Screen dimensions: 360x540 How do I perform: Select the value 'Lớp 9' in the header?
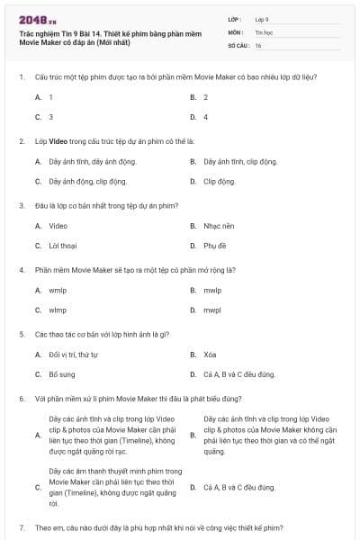[x=262, y=19]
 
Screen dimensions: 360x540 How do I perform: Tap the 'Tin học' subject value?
[x=263, y=31]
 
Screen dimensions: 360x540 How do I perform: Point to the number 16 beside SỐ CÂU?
[x=258, y=44]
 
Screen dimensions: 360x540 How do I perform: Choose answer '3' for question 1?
[x=51, y=117]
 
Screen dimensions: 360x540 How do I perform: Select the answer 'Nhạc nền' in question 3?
[x=219, y=226]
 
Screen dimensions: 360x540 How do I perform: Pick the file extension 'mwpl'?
[x=212, y=310]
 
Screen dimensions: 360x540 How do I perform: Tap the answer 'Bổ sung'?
[x=62, y=374]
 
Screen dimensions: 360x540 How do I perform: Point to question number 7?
[x=21, y=526]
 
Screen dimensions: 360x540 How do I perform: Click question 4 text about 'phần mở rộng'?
[x=135, y=270]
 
